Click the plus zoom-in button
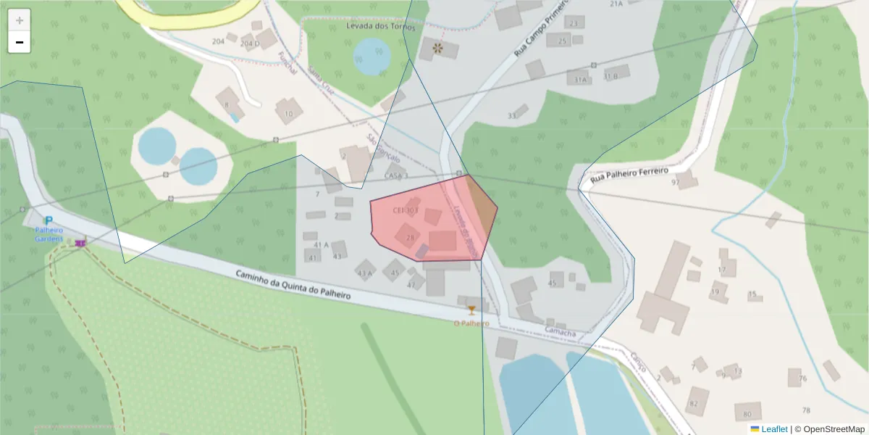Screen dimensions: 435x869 pyautogui.click(x=20, y=20)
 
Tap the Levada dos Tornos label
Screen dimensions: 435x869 pyautogui.click(x=382, y=27)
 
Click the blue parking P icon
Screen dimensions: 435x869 pyautogui.click(x=49, y=220)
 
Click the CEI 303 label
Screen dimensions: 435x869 pyautogui.click(x=406, y=210)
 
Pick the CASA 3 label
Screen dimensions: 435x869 pyautogui.click(x=396, y=175)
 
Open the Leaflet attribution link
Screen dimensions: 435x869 pyautogui.click(x=774, y=429)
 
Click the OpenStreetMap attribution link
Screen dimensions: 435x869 pyautogui.click(x=829, y=429)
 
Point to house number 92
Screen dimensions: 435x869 pyautogui.click(x=675, y=183)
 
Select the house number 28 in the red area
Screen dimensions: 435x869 pyautogui.click(x=411, y=237)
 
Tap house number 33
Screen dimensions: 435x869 pyautogui.click(x=512, y=116)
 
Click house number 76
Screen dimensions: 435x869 pyautogui.click(x=802, y=378)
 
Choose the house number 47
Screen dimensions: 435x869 pyautogui.click(x=411, y=285)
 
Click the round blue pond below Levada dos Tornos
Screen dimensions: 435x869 pyautogui.click(x=372, y=57)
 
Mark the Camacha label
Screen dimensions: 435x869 pyautogui.click(x=561, y=333)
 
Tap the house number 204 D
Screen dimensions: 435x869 pyautogui.click(x=249, y=43)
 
